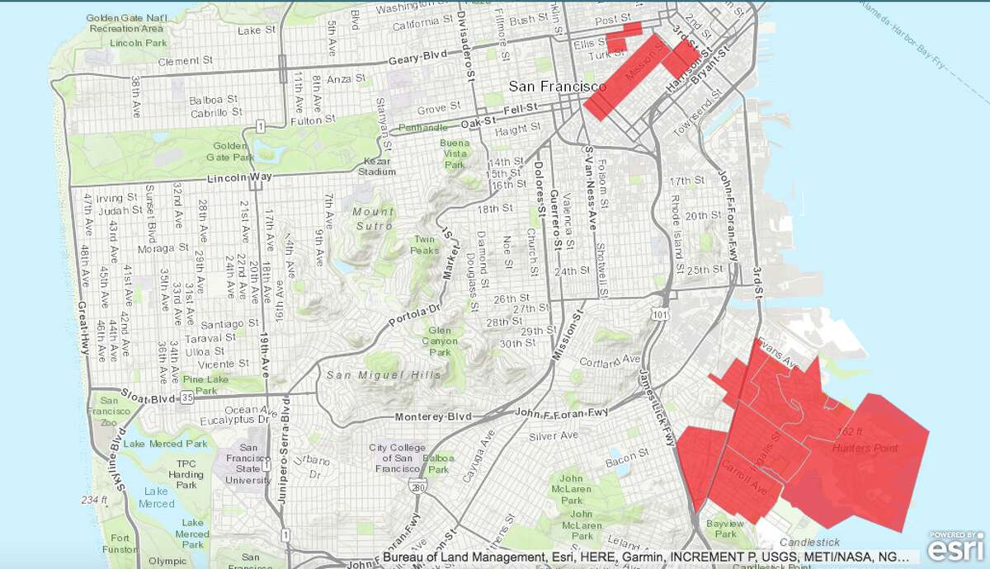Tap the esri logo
click(956, 546)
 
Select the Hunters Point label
click(865, 448)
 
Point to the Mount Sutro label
click(373, 218)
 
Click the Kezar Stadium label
click(376, 166)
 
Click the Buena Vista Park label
click(455, 153)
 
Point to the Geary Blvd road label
click(422, 62)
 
